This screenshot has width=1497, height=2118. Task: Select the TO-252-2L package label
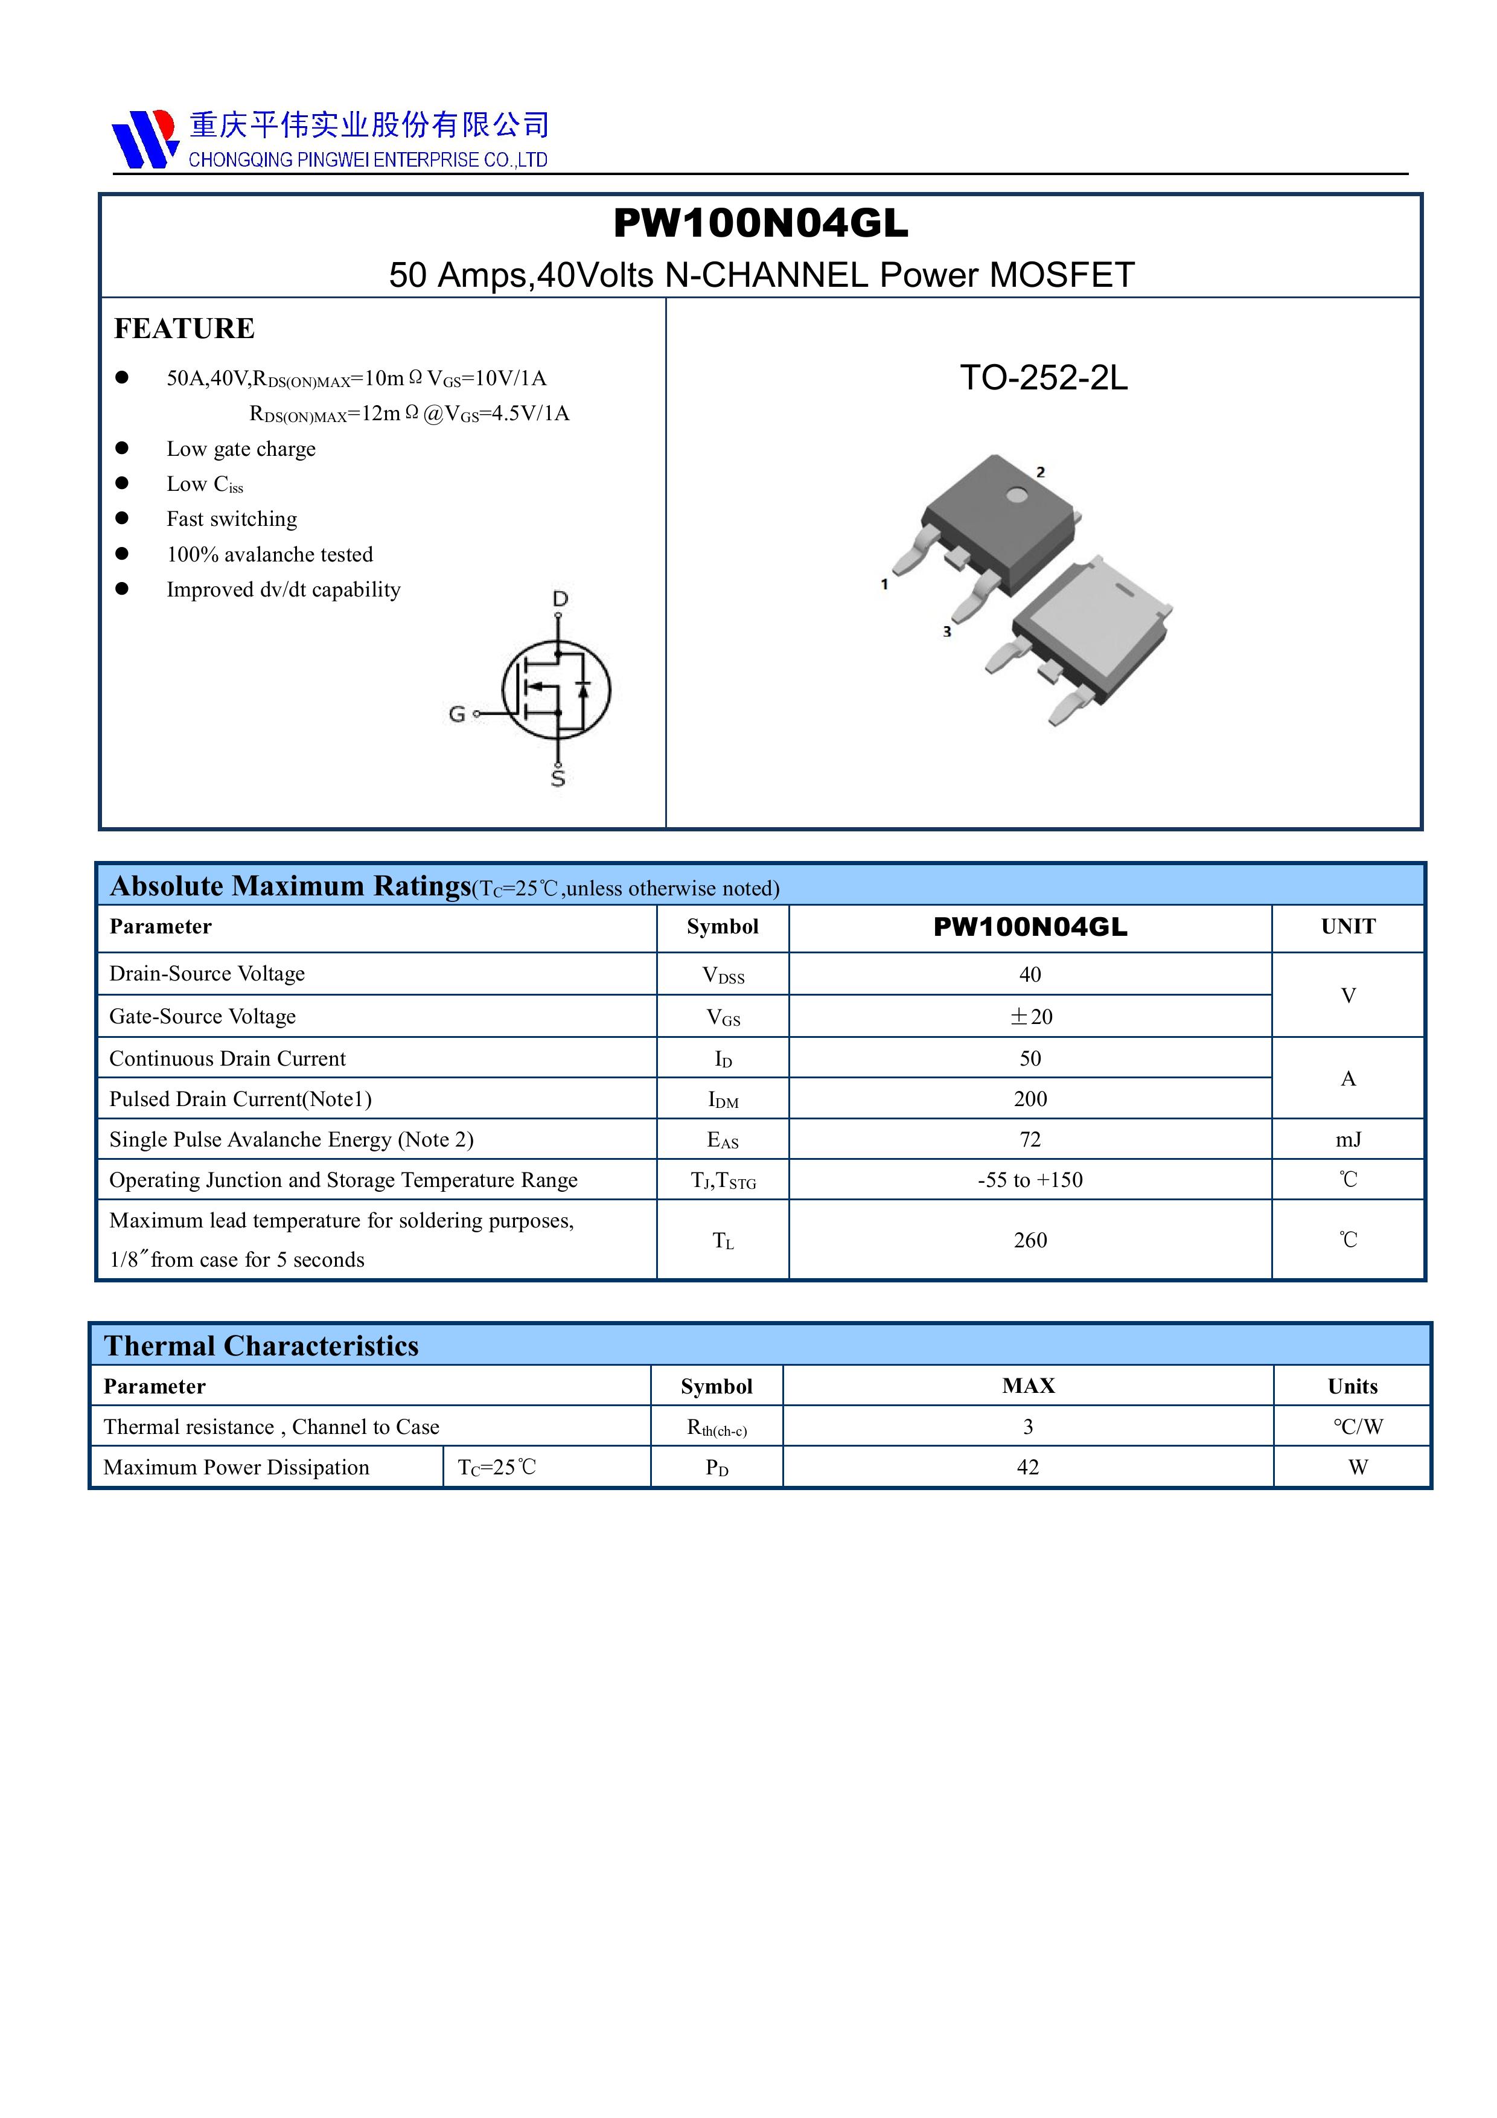(1043, 377)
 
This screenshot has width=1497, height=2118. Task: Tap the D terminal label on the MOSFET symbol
(560, 599)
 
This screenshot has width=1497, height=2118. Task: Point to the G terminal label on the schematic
(456, 714)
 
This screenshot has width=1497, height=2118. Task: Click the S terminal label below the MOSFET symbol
(558, 779)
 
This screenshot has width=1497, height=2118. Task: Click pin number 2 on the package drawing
(1041, 472)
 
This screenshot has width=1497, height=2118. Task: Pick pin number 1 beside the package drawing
(884, 584)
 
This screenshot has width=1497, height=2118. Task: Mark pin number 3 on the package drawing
(946, 632)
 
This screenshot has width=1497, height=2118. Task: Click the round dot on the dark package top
(1017, 495)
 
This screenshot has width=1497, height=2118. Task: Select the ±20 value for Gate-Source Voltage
(1030, 1017)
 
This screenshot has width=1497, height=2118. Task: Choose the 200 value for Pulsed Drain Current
(1030, 1099)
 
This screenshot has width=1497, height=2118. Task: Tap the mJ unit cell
(1347, 1139)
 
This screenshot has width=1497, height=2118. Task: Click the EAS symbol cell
(722, 1140)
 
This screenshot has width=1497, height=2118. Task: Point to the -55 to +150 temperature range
(1030, 1180)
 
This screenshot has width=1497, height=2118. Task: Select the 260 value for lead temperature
(1030, 1240)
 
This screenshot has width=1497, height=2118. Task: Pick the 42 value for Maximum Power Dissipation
(1027, 1467)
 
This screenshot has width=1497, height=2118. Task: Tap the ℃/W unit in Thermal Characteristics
(1357, 1427)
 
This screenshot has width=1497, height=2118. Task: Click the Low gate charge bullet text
(241, 449)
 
